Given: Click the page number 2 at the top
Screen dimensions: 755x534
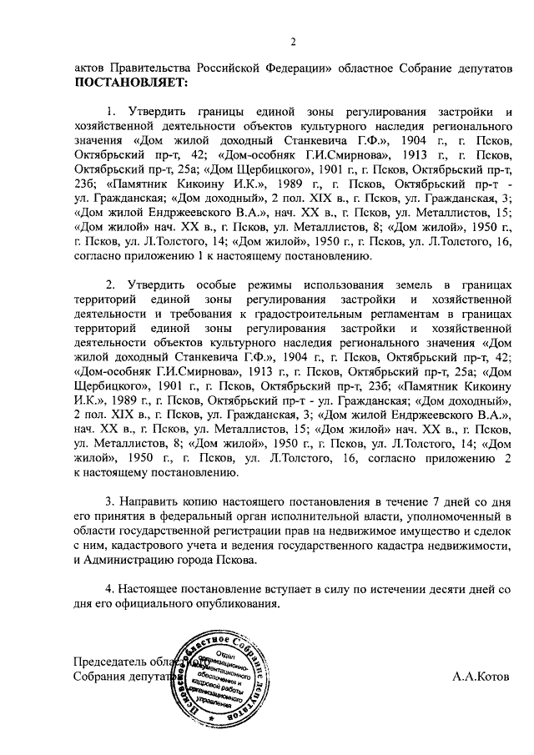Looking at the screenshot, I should coord(294,43).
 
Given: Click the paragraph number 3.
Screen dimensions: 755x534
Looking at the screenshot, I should coord(109,504).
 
